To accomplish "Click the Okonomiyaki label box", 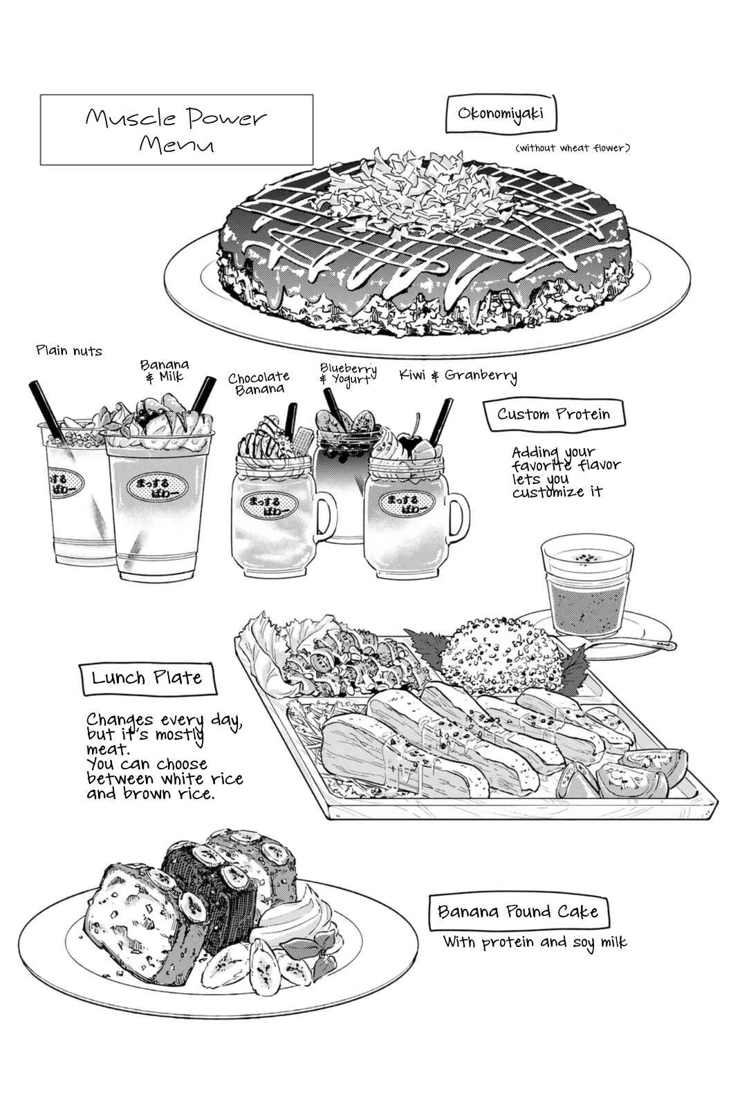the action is point(501,114).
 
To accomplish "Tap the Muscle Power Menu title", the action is point(176,129).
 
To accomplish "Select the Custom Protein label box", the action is point(553,414).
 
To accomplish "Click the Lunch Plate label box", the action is point(147,678).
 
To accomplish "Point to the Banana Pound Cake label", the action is point(518,912).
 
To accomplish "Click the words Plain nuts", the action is point(69,351).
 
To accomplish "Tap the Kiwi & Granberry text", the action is point(458,376).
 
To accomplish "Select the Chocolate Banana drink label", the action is point(259,383).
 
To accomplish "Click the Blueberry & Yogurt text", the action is point(349,374).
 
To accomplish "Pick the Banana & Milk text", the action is point(165,371).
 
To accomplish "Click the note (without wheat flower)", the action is point(573,148).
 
